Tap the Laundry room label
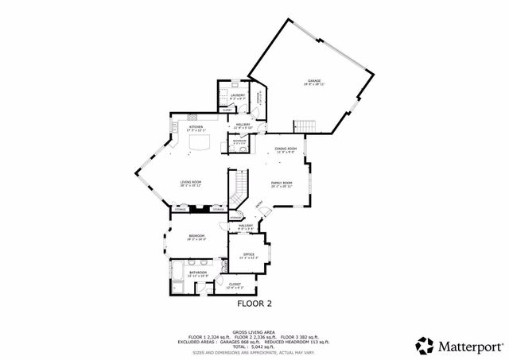237,95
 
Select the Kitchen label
195,126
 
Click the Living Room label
190,182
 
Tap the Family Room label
282,183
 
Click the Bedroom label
196,236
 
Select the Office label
248,254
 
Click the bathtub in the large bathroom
177,278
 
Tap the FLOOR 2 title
254,304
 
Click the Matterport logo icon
424,345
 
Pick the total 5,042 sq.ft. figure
254,348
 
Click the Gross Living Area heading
254,331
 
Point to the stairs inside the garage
305,126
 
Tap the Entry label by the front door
259,204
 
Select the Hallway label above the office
246,226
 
